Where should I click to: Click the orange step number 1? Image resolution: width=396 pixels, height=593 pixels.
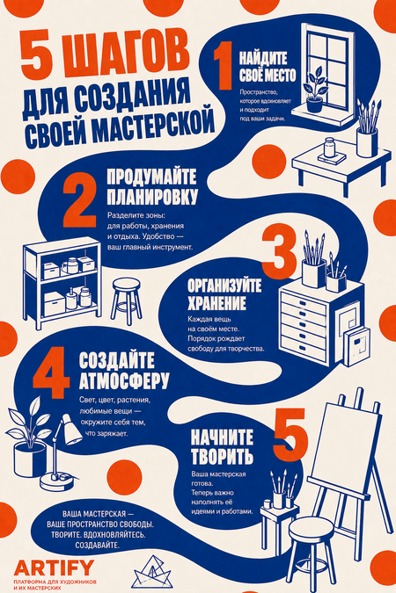pos(224,65)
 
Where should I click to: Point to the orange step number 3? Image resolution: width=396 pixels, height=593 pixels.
pos(279,251)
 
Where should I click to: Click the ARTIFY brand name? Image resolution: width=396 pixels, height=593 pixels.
pos(54,568)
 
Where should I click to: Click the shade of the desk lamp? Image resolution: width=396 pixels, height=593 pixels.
pos(70,430)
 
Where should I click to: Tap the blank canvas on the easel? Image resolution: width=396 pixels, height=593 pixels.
pos(349,444)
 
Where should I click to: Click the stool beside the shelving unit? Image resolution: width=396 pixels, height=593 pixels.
pos(126,301)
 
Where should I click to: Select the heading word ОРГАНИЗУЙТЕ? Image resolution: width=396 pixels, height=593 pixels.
pos(224,286)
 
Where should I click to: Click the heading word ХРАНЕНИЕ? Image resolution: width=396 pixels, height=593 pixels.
pos(216,303)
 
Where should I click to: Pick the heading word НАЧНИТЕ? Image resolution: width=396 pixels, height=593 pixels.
pos(222,438)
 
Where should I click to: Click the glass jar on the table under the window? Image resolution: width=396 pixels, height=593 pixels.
pos(329,147)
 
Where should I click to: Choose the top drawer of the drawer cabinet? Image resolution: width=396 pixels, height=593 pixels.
pos(303,302)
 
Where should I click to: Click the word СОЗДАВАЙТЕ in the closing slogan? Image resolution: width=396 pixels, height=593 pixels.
pos(98,546)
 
